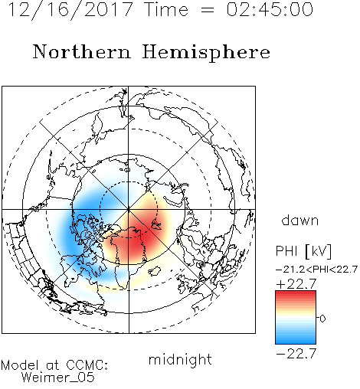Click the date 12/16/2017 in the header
(x=70, y=10)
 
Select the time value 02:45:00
(x=270, y=10)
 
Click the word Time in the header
(x=166, y=10)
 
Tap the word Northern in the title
(x=82, y=52)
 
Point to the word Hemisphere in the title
(x=206, y=52)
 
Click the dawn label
(x=300, y=220)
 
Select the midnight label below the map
(x=180, y=359)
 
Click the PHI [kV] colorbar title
(x=303, y=251)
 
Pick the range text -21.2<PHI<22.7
(x=316, y=270)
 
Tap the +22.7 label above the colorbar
(x=296, y=284)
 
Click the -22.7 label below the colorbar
(x=296, y=354)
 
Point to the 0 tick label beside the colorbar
(x=322, y=319)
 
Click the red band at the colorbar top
(x=296, y=296)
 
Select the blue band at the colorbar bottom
(x=296, y=338)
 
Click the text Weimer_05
(x=58, y=378)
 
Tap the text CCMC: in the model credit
(x=87, y=365)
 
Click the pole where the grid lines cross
(x=129, y=210)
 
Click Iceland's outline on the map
(x=155, y=271)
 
